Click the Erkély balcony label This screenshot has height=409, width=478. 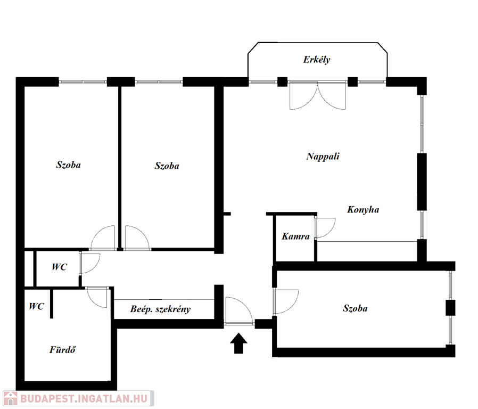click(x=316, y=60)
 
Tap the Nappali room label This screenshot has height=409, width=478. click(x=323, y=157)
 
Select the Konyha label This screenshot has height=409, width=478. click(x=363, y=209)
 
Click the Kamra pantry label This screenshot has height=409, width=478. click(x=295, y=236)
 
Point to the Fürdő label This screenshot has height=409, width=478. click(x=62, y=349)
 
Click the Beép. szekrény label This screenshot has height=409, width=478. click(x=160, y=309)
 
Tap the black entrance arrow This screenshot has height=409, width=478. click(x=238, y=343)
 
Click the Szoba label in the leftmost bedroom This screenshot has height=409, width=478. click(x=69, y=165)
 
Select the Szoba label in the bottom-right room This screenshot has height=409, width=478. click(x=355, y=308)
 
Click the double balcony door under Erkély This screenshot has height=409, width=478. click(x=317, y=95)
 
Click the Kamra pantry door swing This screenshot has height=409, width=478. click(x=325, y=228)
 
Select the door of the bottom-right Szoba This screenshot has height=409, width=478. click(x=286, y=302)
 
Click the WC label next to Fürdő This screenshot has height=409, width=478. click(x=37, y=306)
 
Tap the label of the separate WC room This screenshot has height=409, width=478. click(x=59, y=267)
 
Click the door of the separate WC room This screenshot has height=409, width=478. click(x=89, y=264)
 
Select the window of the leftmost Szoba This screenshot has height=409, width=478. click(x=83, y=81)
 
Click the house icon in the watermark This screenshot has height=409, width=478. click(x=10, y=399)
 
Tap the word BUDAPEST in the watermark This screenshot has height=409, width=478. click(x=47, y=399)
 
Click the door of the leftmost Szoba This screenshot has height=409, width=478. click(x=103, y=238)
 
